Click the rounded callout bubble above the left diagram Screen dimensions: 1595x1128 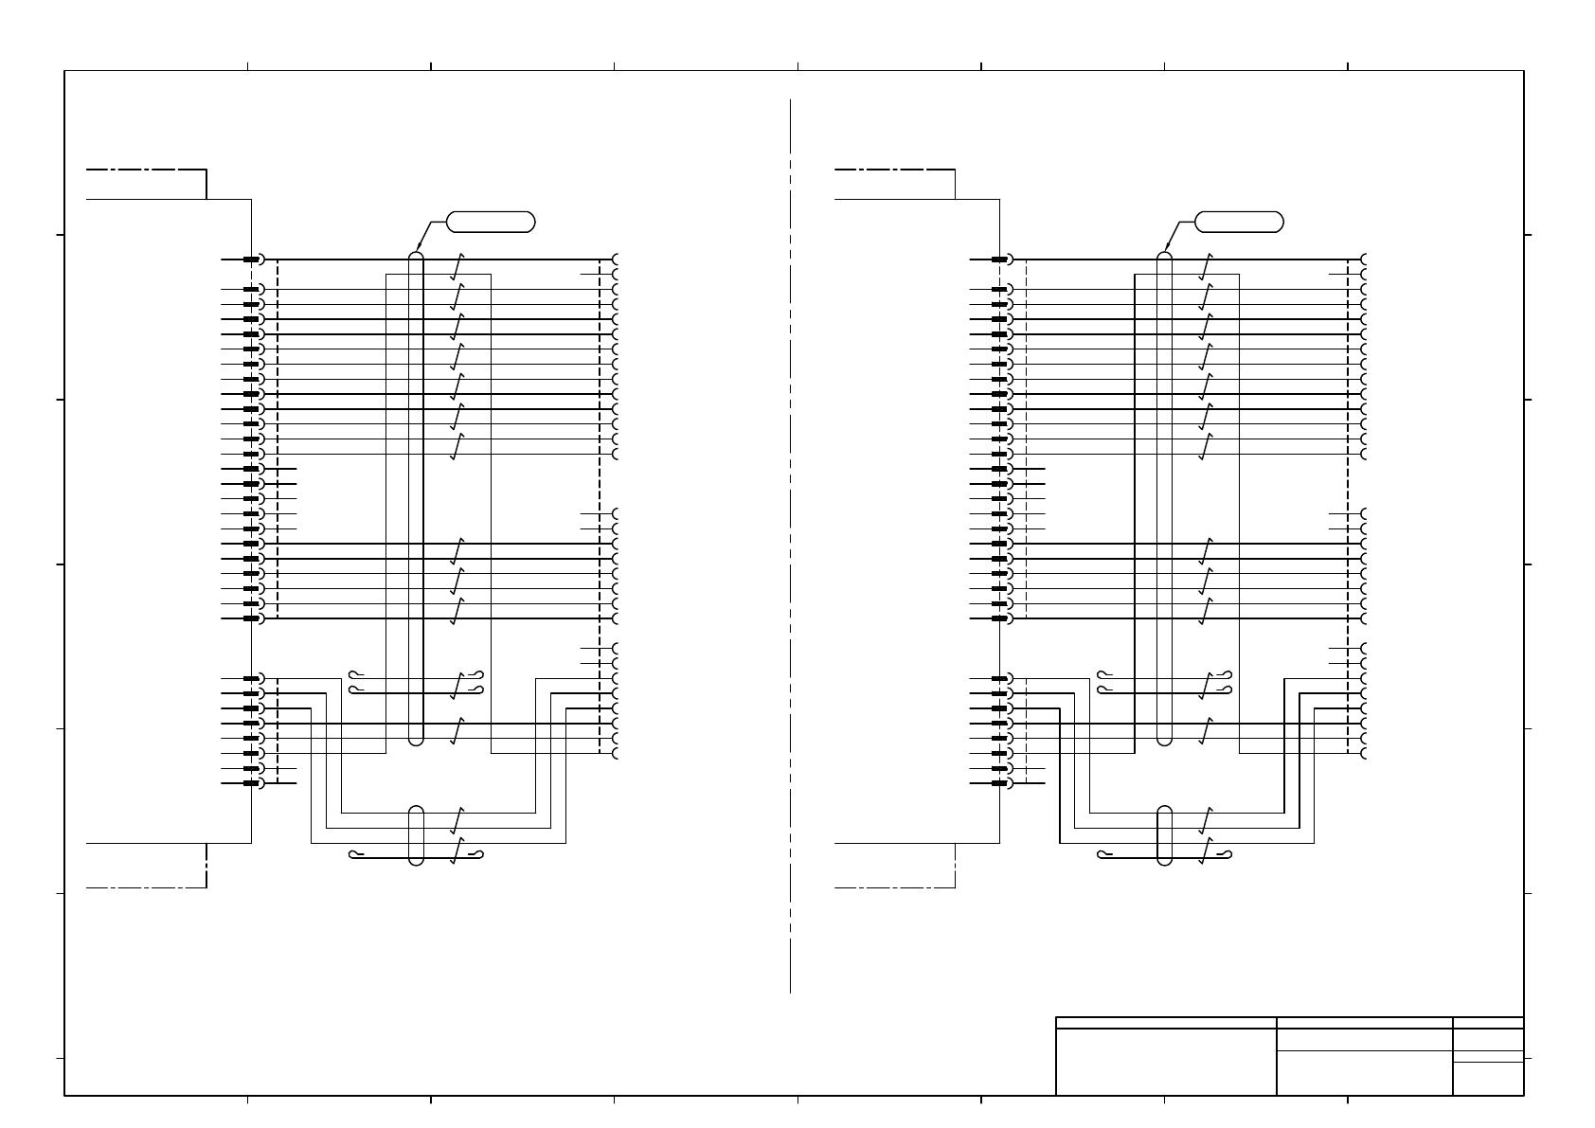490,223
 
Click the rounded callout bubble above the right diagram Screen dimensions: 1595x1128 1239,223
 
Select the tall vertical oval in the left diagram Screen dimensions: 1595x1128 416,498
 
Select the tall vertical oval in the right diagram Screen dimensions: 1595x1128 1165,498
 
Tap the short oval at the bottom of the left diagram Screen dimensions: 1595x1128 416,834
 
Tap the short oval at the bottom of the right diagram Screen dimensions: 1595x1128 1165,834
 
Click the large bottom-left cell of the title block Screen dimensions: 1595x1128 1166,1062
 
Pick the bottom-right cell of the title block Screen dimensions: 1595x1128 1488,1079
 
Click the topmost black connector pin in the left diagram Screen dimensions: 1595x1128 251,260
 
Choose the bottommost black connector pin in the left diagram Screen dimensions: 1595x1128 251,783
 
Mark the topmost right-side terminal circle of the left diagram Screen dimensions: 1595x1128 617,260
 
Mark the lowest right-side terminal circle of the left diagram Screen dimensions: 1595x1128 617,753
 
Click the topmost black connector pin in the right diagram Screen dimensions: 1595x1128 999,260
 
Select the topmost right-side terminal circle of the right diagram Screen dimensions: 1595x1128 1366,260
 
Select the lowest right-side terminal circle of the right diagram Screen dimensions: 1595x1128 1366,753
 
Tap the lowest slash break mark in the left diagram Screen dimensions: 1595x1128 457,851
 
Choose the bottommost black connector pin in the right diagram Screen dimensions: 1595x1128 999,783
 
